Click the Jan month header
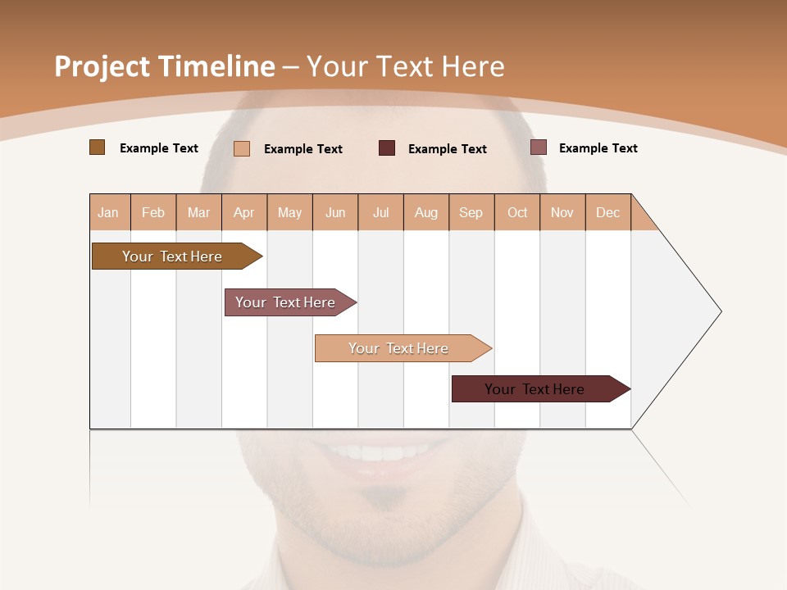108,212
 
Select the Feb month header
153,212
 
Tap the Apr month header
244,212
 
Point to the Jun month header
335,212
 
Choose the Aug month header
426,212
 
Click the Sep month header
471,212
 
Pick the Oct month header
517,212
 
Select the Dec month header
608,212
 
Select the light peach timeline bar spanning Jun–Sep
399,348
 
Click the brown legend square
97,147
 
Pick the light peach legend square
242,148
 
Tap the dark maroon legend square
387,147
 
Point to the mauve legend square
539,147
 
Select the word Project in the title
102,66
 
